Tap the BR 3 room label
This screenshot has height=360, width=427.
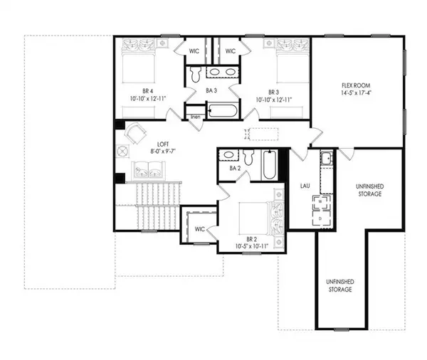click(273, 92)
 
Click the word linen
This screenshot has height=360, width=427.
click(194, 117)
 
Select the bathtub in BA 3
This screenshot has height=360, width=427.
click(221, 111)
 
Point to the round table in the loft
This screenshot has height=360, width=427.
click(122, 151)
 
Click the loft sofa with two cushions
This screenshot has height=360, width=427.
click(147, 168)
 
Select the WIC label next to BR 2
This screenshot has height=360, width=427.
click(199, 228)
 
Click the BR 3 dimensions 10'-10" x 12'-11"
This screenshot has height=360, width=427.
click(273, 100)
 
